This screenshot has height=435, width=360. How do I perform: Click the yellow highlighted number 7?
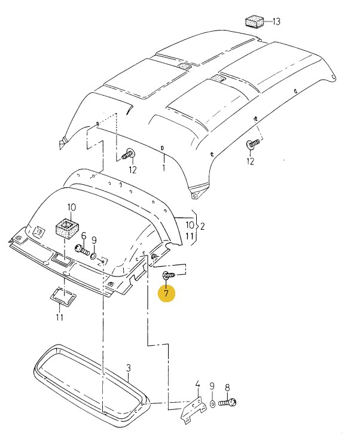pyautogui.click(x=166, y=293)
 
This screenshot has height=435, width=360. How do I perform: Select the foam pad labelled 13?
pyautogui.click(x=255, y=22)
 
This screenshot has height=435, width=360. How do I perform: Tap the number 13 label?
pyautogui.click(x=276, y=22)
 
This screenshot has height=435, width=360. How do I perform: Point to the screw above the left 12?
pyautogui.click(x=128, y=155)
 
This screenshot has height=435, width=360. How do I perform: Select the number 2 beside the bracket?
pyautogui.click(x=202, y=226)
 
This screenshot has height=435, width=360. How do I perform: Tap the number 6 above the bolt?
pyautogui.click(x=84, y=236)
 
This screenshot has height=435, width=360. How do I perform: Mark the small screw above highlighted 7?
pyautogui.click(x=167, y=275)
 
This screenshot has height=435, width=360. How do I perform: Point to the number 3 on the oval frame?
pyautogui.click(x=127, y=367)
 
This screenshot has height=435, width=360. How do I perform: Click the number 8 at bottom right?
pyautogui.click(x=227, y=387)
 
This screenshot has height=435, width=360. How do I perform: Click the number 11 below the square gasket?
pyautogui.click(x=59, y=317)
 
